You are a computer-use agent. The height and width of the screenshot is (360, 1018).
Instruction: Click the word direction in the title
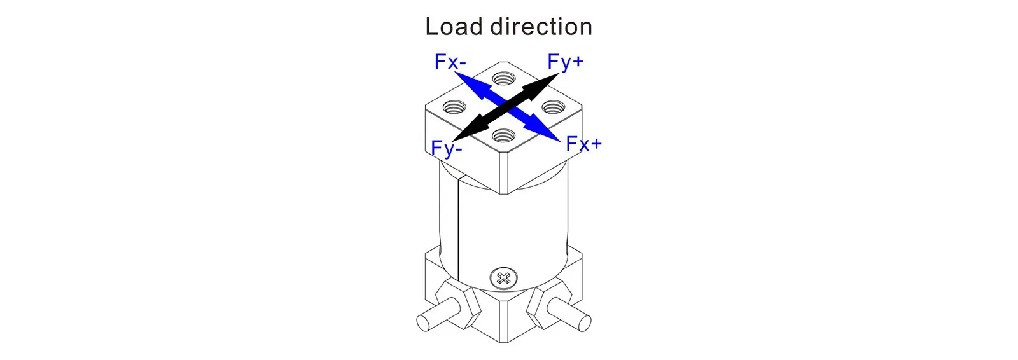coord(541,27)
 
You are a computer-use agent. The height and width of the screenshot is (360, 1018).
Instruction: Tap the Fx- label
coord(450,62)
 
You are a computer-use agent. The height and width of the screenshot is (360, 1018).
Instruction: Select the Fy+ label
coord(565,62)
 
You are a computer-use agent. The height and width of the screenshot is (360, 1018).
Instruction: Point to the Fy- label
coord(446,149)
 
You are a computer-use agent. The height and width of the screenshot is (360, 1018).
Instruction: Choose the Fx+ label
coord(583,144)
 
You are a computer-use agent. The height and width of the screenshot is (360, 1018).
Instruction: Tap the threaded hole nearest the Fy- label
coord(504,135)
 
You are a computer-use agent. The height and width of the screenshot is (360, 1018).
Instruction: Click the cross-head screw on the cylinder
coord(503,278)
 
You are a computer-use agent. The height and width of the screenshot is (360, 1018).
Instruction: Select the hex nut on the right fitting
coord(548,301)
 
